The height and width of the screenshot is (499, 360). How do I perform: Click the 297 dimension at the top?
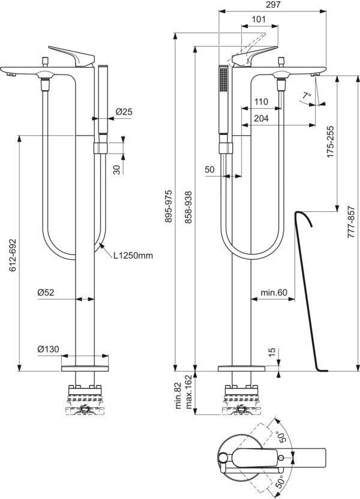[x=272, y=5]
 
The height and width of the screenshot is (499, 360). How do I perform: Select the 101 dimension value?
[x=259, y=19]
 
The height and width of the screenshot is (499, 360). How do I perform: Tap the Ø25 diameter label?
[x=124, y=112]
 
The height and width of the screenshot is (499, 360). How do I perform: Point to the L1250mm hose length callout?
[x=133, y=255]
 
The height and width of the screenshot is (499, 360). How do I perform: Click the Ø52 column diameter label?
[x=46, y=292]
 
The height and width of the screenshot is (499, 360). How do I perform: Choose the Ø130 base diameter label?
[x=49, y=349]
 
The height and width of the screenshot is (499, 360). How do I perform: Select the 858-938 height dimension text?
[x=188, y=207]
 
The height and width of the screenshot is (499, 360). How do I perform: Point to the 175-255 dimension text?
[x=331, y=142]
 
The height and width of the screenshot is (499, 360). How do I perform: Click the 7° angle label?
[x=307, y=95]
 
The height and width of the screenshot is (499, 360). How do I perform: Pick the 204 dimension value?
[x=261, y=118]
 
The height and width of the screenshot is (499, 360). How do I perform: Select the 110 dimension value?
[x=261, y=102]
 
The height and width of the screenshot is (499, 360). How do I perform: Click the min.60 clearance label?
[x=274, y=292]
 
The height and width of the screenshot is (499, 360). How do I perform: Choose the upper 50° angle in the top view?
[x=281, y=437]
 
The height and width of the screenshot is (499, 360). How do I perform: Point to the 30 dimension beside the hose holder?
[x=118, y=169]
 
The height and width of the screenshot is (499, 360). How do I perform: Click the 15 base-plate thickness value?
[x=272, y=352]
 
